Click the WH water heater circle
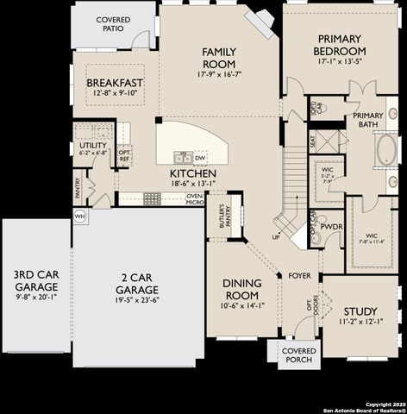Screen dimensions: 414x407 coord(80,216)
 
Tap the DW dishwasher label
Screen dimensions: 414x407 coord(200,158)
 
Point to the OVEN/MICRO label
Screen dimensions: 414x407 coord(195,199)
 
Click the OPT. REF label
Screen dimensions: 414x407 coord(124,154)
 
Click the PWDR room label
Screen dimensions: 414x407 coord(332,228)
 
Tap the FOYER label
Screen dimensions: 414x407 coord(299,276)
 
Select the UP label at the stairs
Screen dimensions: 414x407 coord(276,235)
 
